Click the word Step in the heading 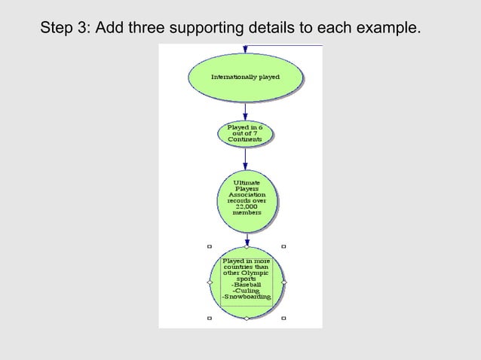click(x=57, y=29)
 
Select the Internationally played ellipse click(x=245, y=77)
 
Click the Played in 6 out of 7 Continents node click(x=245, y=133)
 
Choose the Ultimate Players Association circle click(x=247, y=200)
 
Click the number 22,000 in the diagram click(x=247, y=206)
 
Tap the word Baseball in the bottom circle click(x=247, y=285)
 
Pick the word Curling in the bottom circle click(x=247, y=291)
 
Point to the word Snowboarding click(x=247, y=298)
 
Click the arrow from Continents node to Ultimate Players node click(x=246, y=158)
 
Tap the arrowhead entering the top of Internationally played click(x=245, y=50)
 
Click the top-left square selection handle click(x=209, y=246)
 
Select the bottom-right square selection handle click(x=283, y=318)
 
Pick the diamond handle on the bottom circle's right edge click(x=284, y=282)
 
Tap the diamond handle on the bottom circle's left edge click(x=209, y=282)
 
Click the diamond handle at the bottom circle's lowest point click(x=247, y=319)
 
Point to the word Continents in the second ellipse click(x=245, y=139)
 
